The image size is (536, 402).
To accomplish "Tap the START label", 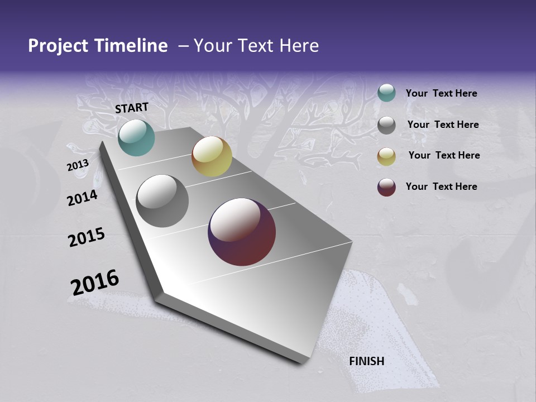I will (x=132, y=108).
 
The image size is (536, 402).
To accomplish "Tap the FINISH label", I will (x=367, y=361).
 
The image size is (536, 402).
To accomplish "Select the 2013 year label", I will (x=78, y=165).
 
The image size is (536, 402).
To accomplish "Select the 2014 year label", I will (x=83, y=198).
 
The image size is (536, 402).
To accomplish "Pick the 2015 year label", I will (x=87, y=237).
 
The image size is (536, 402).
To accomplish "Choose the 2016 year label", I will (x=95, y=282).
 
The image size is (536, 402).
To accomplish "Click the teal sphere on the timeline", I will (x=136, y=137).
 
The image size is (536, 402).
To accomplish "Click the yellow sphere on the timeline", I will (x=212, y=156).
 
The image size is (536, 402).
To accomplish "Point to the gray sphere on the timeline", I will (x=162, y=201).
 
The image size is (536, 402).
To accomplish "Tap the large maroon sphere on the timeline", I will (x=242, y=232).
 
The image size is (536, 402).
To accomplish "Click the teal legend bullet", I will (x=386, y=93).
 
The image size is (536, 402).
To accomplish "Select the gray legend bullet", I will (x=386, y=125).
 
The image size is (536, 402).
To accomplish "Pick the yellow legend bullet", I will (x=386, y=156).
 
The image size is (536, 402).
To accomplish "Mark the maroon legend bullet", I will (x=386, y=187).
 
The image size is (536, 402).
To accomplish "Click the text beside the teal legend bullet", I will (x=441, y=93).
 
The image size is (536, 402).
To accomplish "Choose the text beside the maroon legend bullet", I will (x=441, y=186).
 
